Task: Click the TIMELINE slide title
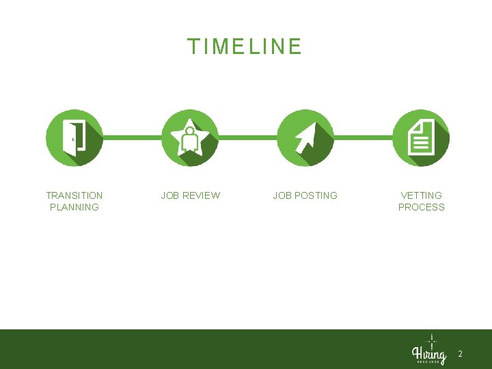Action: (245, 46)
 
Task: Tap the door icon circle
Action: (74, 137)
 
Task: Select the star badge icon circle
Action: (190, 137)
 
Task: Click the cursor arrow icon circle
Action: (305, 137)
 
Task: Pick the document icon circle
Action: (421, 137)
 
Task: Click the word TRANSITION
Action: (74, 195)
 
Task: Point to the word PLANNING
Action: (74, 207)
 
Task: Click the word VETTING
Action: (421, 195)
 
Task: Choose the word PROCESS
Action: (421, 207)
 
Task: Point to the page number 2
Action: (460, 354)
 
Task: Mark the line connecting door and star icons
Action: (132, 137)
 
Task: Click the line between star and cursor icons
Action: (247, 137)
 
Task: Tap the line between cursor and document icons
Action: (363, 137)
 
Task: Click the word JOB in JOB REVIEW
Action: (170, 195)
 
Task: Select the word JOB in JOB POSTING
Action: (282, 195)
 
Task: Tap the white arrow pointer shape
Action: (303, 139)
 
